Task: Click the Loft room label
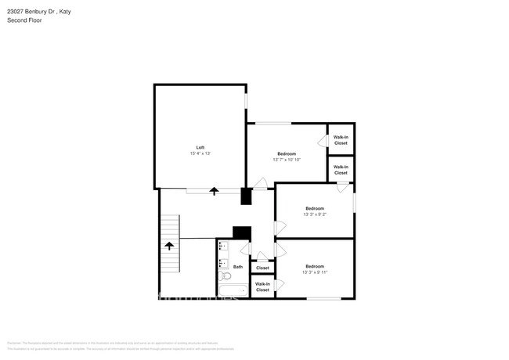pos(200,147)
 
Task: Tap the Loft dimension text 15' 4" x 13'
pos(200,153)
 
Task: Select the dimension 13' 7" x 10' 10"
pos(287,160)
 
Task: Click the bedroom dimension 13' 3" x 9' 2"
pos(315,214)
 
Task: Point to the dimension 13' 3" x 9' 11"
pos(315,272)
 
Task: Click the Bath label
pos(237,267)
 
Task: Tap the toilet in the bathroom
pos(225,275)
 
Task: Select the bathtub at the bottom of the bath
pos(233,291)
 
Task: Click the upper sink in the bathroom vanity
pos(222,247)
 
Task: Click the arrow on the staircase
pos(168,245)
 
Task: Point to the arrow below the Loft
pos(214,190)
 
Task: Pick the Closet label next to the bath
pos(262,268)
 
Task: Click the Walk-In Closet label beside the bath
pos(262,286)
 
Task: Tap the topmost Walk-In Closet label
pos(341,140)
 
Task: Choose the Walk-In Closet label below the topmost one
pos(341,169)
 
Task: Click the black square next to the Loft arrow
pos(246,196)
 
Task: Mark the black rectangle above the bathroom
pos(242,232)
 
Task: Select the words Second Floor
pos(25,20)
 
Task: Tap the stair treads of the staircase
pos(168,227)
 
